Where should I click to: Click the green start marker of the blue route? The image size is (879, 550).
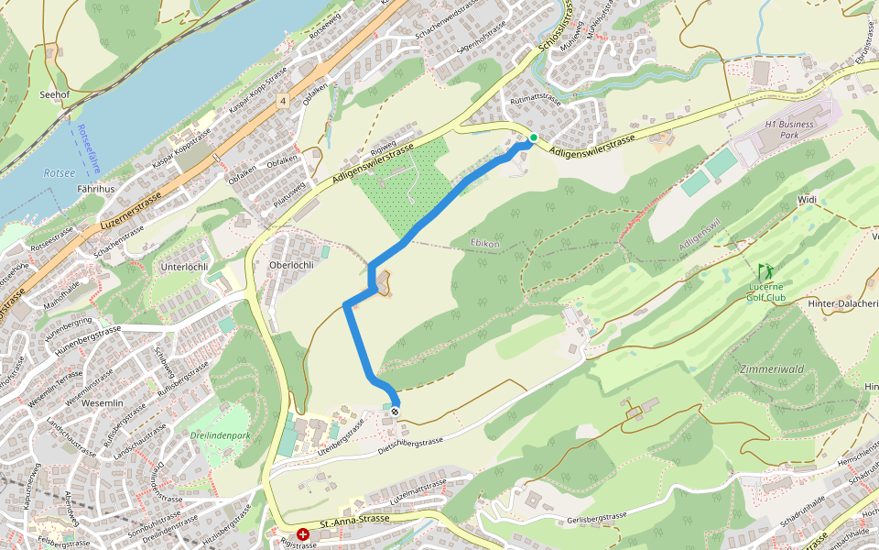coord(534,137)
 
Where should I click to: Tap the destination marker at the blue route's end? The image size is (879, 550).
coord(395,412)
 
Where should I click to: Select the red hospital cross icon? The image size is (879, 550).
coord(302,533)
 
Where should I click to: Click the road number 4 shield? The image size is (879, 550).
coord(286,101)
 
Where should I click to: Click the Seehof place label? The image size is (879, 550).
coord(55,93)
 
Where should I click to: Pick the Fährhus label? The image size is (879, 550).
coord(96,190)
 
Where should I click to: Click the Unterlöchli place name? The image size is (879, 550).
coord(186,267)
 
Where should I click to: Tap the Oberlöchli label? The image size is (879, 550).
coord(290,265)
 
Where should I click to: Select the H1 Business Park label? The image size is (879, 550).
coord(789,128)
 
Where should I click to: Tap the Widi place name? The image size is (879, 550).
coord(807,199)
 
